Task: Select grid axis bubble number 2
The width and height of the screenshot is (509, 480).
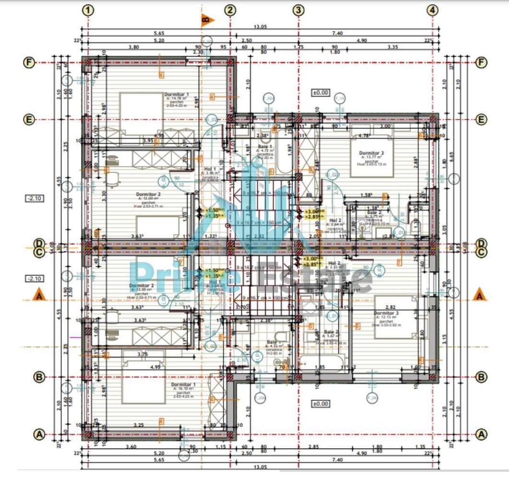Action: coord(231,10)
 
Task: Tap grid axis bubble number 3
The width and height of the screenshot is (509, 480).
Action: coord(298,10)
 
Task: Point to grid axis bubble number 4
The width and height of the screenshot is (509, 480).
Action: coord(433,10)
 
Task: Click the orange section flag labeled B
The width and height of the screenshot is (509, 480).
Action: coord(207,20)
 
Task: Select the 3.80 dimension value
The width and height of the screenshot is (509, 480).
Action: coord(134,47)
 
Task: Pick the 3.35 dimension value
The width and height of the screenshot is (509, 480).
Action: coord(393,47)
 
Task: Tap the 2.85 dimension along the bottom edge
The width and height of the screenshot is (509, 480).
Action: coord(313,447)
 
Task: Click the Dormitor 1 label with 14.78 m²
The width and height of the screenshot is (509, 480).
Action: coord(177,95)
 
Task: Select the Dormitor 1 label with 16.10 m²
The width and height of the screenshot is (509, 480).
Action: coord(181,385)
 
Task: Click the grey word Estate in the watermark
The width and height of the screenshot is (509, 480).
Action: coord(312,280)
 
